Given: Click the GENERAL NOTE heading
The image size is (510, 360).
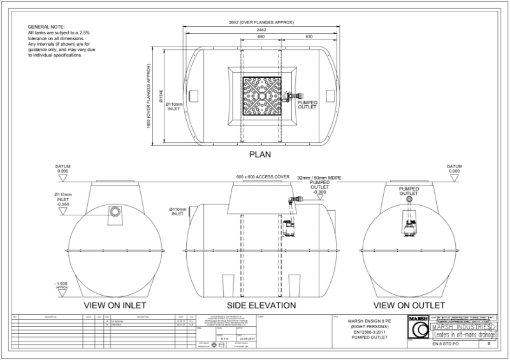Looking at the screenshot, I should click(43, 26).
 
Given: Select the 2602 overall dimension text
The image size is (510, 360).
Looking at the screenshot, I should click(261, 22).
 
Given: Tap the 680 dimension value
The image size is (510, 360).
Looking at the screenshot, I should click(261, 37).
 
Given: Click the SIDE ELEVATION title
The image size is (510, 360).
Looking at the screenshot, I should click(261, 305).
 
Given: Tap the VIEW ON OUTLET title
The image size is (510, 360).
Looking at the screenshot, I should click(409, 305).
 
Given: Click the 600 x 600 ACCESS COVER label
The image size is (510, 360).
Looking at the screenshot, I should click(262, 176).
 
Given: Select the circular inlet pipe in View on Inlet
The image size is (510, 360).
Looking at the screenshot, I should click(115, 211).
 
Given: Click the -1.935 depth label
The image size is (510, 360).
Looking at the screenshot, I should click(62, 283).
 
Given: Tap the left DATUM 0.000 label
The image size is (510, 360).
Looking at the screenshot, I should click(62, 169).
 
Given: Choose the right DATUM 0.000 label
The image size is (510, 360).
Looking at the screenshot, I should click(454, 169).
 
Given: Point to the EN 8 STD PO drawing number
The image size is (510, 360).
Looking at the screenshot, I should click(446, 344).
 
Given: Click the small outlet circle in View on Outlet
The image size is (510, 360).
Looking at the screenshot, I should click(409, 200).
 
